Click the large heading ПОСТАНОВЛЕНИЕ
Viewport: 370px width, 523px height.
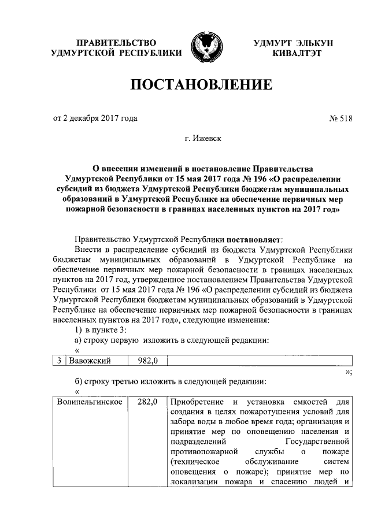pos(201,86)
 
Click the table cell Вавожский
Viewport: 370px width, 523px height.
pos(89,361)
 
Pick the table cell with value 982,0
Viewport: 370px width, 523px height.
pos(149,361)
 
